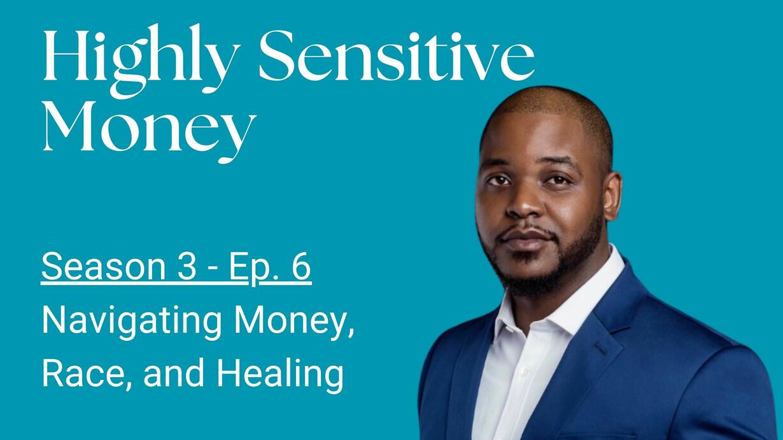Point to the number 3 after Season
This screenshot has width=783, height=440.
click(x=187, y=267)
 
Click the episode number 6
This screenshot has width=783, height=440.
click(x=300, y=267)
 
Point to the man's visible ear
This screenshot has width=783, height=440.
click(x=612, y=196)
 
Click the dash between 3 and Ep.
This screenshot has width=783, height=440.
click(x=213, y=269)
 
